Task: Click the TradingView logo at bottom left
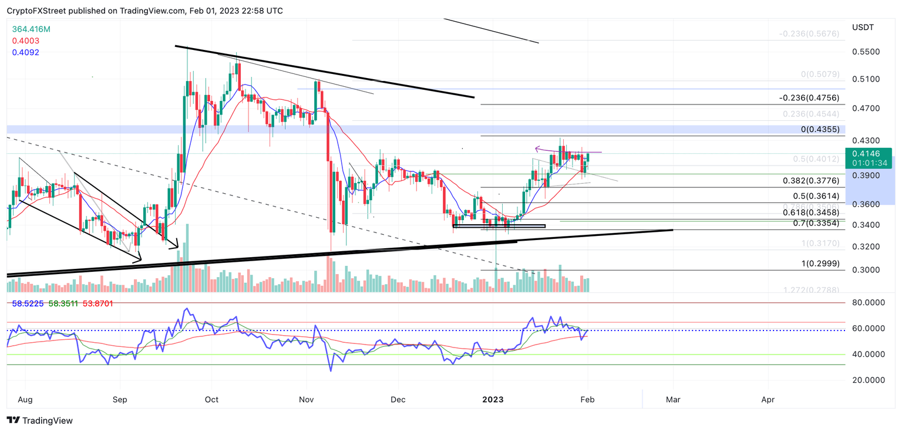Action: [39, 420]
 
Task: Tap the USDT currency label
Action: [863, 28]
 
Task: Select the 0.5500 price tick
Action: [866, 52]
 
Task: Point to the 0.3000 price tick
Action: [866, 270]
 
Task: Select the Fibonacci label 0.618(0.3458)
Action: [811, 212]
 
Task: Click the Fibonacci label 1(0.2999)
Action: [820, 264]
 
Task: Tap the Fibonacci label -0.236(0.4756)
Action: [809, 97]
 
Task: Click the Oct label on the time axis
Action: [211, 400]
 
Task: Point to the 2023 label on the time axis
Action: [493, 400]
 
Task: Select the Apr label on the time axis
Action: [768, 400]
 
